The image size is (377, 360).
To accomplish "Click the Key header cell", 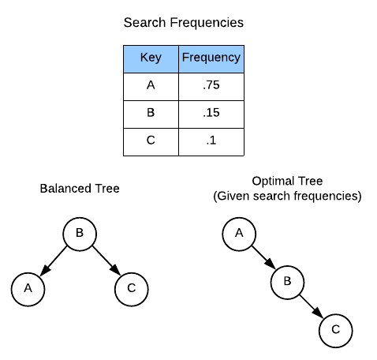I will coord(151,59).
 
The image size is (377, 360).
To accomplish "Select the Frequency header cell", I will coord(211,59).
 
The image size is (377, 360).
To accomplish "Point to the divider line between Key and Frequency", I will coord(178,59).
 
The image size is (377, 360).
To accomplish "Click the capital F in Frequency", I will coord(185,58).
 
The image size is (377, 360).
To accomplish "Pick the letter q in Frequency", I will coord(203,59).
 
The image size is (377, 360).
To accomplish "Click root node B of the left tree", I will coord(80,234).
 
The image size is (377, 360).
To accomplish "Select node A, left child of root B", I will coord(28,290).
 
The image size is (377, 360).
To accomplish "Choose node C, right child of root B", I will coord(131,290).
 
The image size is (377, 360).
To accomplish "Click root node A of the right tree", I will coord(239,234).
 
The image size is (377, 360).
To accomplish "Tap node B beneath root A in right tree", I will coord(288,282).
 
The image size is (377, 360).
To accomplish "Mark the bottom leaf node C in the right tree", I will coord(335,330).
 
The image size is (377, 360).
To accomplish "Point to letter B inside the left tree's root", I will coord(80,233).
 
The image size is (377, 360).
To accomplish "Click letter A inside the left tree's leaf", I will coord(28,289).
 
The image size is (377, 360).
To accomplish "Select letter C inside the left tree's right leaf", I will coord(131,289).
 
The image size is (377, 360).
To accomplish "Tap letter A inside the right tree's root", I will coord(239,233).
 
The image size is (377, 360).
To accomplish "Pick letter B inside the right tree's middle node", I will coord(288,281).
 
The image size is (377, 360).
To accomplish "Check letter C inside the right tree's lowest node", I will coord(335,329).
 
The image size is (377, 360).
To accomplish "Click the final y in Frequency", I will coord(237,59).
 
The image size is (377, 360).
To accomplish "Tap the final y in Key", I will coord(158,59).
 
